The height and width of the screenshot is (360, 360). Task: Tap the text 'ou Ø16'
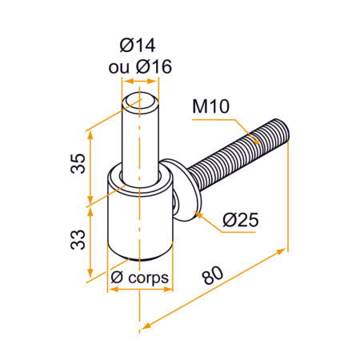pyautogui.click(x=140, y=67)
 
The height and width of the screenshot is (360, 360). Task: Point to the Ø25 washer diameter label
pyautogui.click(x=240, y=218)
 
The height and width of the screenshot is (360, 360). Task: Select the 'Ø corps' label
pyautogui.click(x=140, y=277)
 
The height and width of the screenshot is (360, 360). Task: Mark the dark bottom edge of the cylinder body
pyautogui.click(x=140, y=258)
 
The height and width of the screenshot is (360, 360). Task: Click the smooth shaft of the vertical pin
pyautogui.click(x=140, y=136)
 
